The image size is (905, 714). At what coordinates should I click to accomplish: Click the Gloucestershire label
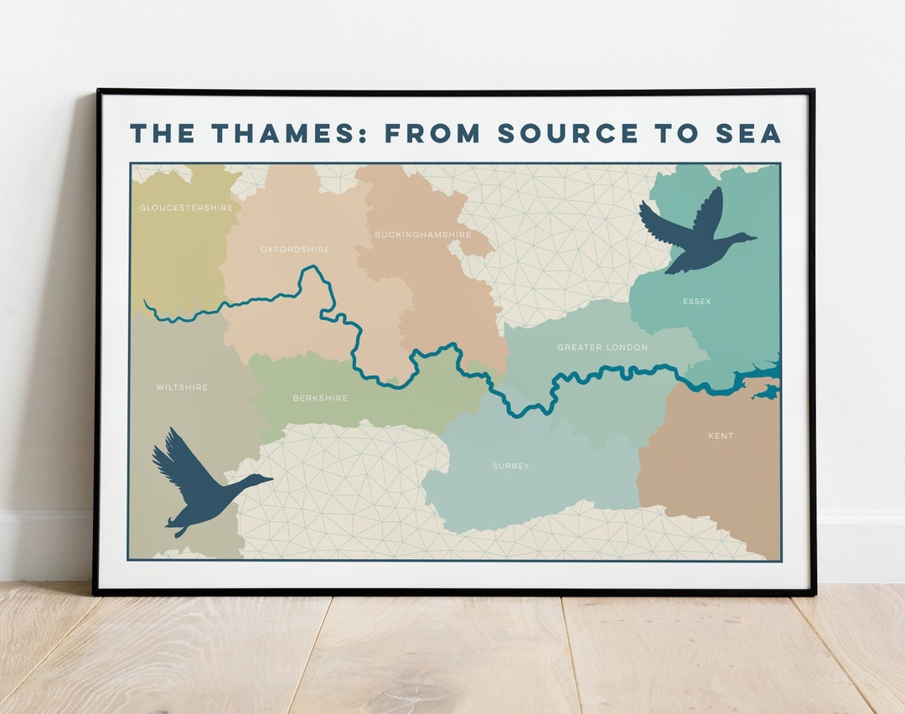pos(186,208)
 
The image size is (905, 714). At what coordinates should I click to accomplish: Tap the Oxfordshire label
pos(295,250)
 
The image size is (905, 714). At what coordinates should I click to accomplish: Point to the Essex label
pos(696,302)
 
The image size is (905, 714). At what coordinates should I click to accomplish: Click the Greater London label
pos(602,347)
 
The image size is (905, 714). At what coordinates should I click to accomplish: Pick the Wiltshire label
pos(182,387)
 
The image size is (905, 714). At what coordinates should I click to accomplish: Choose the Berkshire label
pos(320,398)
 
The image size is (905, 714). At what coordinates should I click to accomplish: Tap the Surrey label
pos(510,466)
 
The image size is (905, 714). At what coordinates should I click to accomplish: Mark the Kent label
pos(721,436)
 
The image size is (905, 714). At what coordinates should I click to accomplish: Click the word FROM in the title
pos(433,133)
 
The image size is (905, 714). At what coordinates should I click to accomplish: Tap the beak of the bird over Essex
pos(752,238)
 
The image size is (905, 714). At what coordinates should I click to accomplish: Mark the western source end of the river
pos(146,302)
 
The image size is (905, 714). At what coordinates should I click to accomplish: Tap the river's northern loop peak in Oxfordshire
pos(313,268)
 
